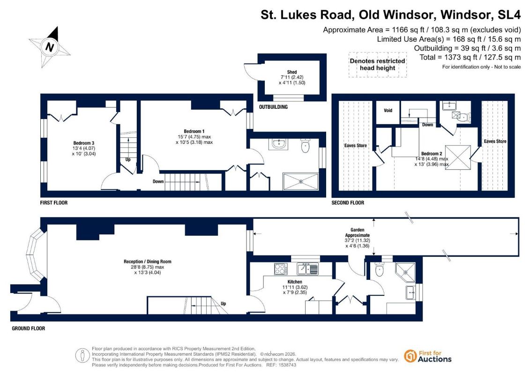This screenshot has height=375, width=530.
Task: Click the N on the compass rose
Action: pyautogui.click(x=49, y=47)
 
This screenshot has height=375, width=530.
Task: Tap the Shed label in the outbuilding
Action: pyautogui.click(x=291, y=72)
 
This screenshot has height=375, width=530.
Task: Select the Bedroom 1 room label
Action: pyautogui.click(x=194, y=131)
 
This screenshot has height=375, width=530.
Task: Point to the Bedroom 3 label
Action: pyautogui.click(x=83, y=143)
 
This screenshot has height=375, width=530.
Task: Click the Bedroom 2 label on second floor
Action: pyautogui.click(x=432, y=154)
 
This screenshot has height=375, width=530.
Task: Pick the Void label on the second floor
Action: pyautogui.click(x=388, y=110)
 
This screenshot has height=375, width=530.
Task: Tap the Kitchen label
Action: pyautogui.click(x=295, y=282)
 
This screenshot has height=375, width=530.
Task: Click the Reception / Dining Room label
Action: pyautogui.click(x=147, y=262)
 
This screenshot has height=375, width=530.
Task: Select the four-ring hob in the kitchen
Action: pyautogui.click(x=281, y=269)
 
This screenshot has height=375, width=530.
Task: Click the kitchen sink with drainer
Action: pyautogui.click(x=307, y=269)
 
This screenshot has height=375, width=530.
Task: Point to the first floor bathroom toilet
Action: pyautogui.click(x=305, y=145)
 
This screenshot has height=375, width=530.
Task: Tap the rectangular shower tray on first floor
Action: pyautogui.click(x=300, y=181)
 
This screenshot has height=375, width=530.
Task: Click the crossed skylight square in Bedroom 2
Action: pyautogui.click(x=458, y=157)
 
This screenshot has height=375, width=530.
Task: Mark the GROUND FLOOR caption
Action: pyautogui.click(x=29, y=328)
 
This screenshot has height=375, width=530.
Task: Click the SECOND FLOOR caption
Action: pyautogui.click(x=348, y=202)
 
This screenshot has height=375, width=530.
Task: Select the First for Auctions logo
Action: pyautogui.click(x=428, y=356)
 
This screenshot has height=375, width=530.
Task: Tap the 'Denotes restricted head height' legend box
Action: pyautogui.click(x=378, y=65)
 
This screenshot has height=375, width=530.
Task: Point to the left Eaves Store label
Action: pyautogui.click(x=356, y=145)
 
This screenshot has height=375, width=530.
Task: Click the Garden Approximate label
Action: pyautogui.click(x=357, y=232)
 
